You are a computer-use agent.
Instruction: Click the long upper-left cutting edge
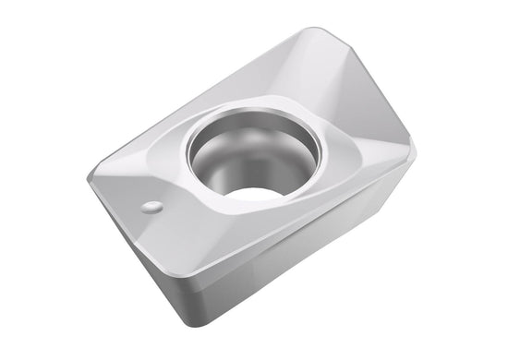pyautogui.click(x=203, y=102)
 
